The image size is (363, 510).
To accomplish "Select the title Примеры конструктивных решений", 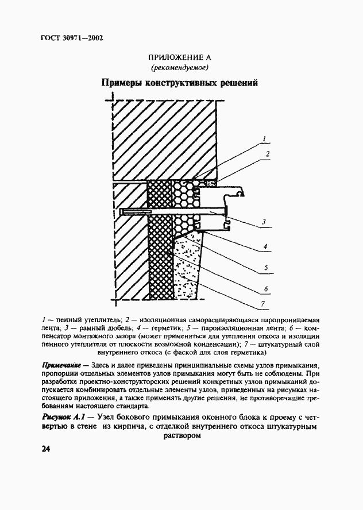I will (x=180, y=83).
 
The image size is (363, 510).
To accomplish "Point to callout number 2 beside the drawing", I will (x=268, y=154).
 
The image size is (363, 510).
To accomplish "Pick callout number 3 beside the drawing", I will (x=263, y=221).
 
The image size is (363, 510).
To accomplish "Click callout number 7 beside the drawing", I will (x=263, y=304).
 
